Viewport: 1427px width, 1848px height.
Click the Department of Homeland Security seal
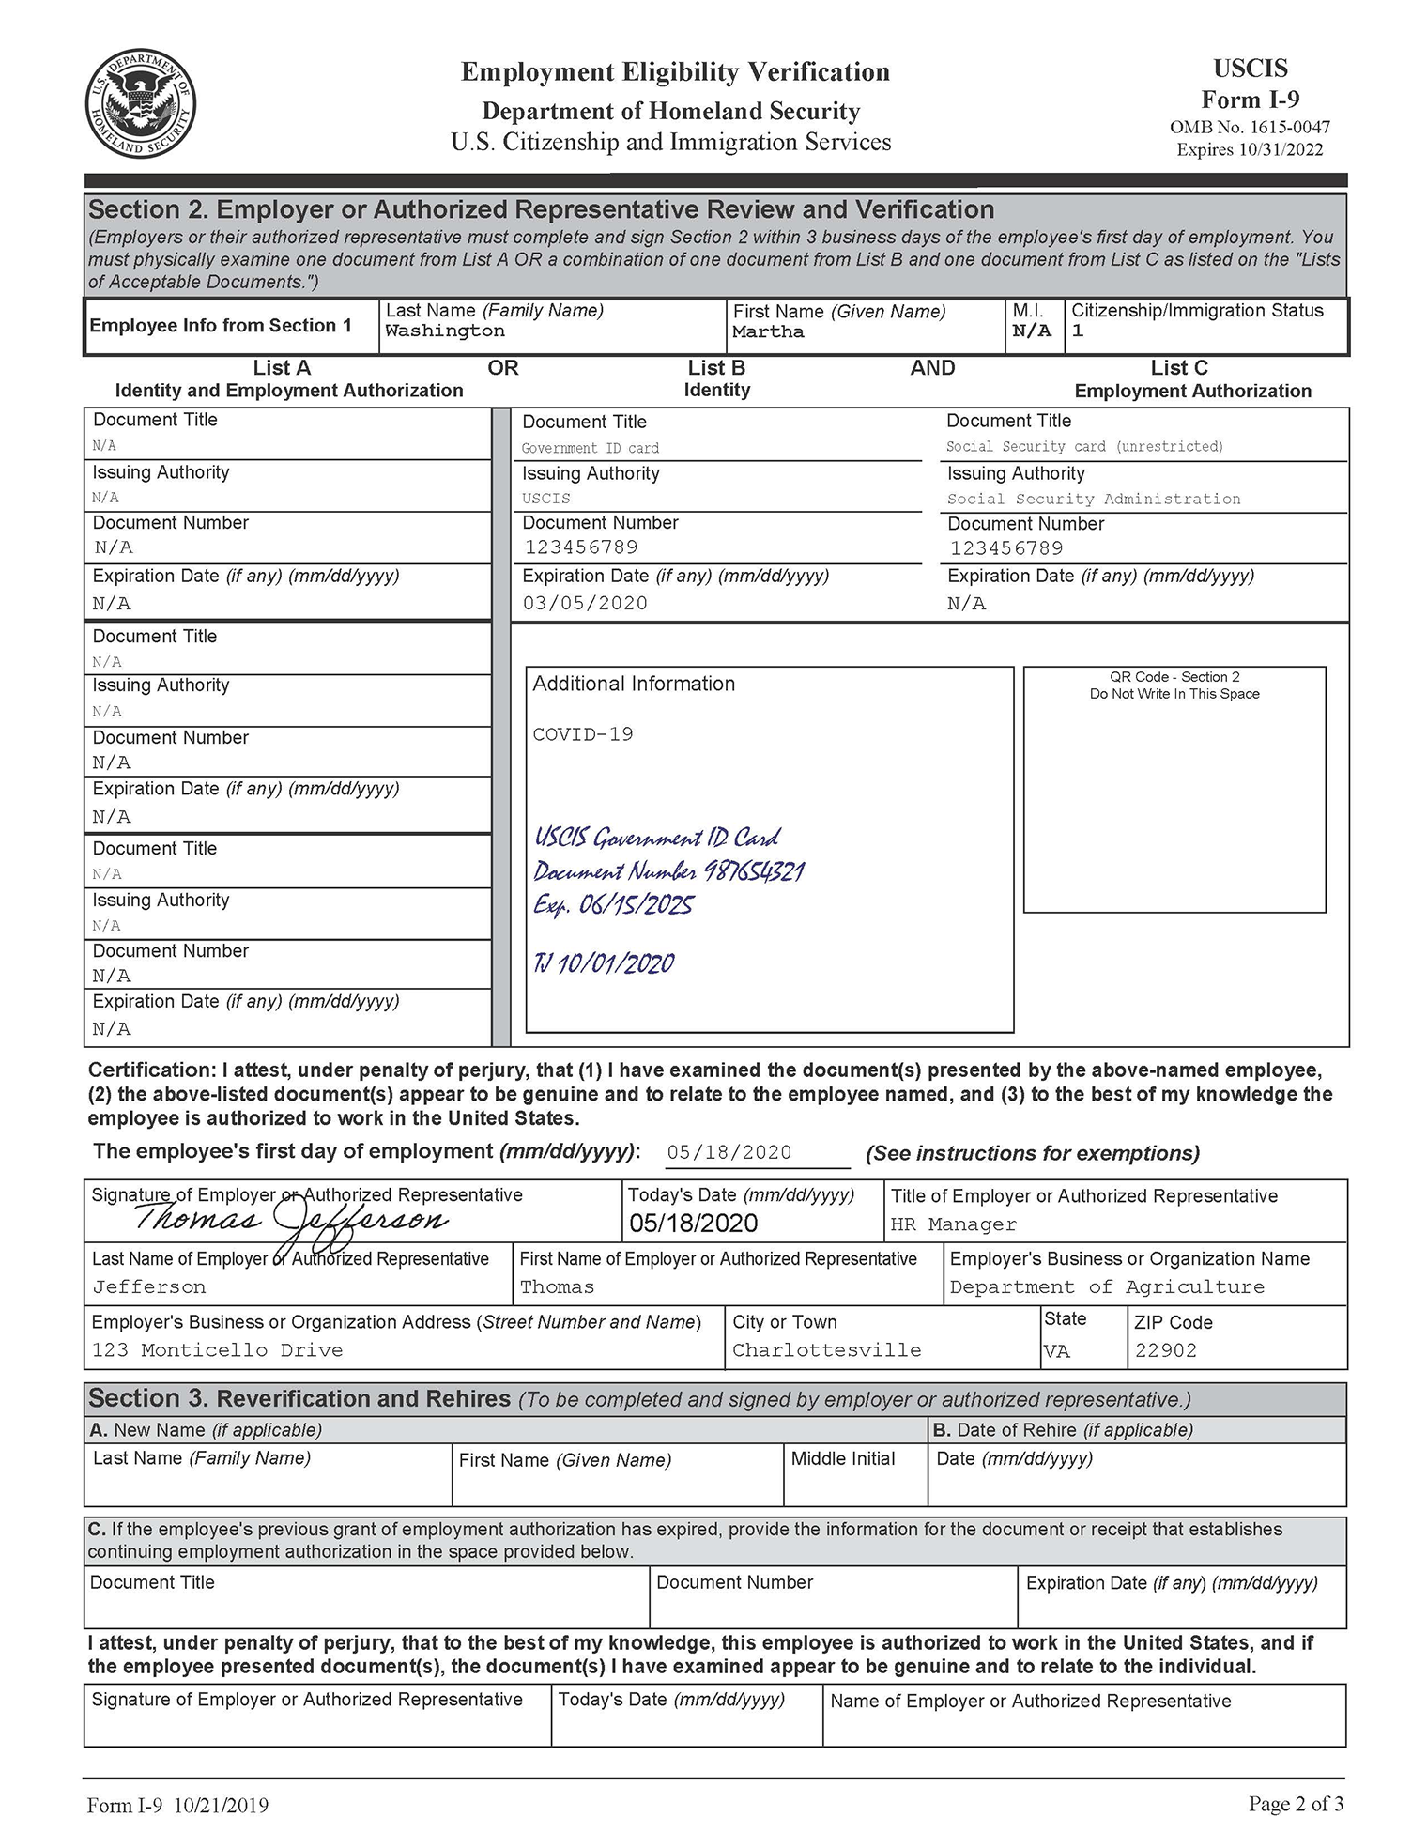pyautogui.click(x=141, y=104)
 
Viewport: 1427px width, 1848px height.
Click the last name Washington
pyautogui.click(x=444, y=331)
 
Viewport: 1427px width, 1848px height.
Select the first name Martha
pyautogui.click(x=768, y=332)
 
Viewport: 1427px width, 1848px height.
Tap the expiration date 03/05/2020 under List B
pyautogui.click(x=585, y=604)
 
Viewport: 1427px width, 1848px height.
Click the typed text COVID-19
pyautogui.click(x=583, y=734)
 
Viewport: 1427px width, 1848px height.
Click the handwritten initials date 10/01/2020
pyautogui.click(x=616, y=963)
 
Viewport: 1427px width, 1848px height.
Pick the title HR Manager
pyautogui.click(x=953, y=1224)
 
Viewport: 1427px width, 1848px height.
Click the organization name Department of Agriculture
pyautogui.click(x=1107, y=1287)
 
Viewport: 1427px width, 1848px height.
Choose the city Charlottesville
pyautogui.click(x=826, y=1350)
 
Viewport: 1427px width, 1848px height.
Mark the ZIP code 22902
pyautogui.click(x=1166, y=1350)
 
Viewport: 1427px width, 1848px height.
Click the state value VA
pyautogui.click(x=1057, y=1351)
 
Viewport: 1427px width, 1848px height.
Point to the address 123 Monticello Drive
pyautogui.click(x=217, y=1350)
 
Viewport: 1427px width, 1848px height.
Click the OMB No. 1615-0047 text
pyautogui.click(x=1250, y=127)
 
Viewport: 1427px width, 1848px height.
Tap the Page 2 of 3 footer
pyautogui.click(x=1296, y=1804)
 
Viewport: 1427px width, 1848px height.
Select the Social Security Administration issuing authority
pyautogui.click(x=1094, y=500)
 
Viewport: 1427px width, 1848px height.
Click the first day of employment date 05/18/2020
pyautogui.click(x=729, y=1152)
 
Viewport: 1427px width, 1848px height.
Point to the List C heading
pyautogui.click(x=1179, y=368)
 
